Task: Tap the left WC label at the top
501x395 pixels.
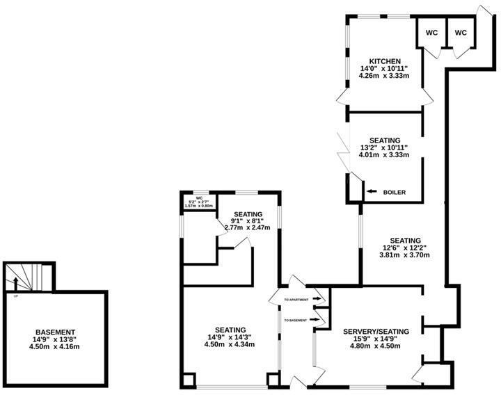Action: (x=431, y=32)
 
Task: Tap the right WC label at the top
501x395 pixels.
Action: (x=461, y=32)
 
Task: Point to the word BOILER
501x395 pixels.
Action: (x=394, y=192)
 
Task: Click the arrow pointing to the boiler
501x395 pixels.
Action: (x=370, y=192)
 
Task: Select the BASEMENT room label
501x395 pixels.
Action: (x=56, y=332)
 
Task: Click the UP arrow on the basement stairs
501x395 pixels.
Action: (x=15, y=283)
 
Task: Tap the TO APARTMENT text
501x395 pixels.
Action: (x=296, y=300)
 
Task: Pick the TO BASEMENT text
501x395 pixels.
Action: (x=296, y=320)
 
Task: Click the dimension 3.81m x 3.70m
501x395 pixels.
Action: (x=405, y=255)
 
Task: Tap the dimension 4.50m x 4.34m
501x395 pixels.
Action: (x=230, y=346)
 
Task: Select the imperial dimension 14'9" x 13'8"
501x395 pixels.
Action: (x=56, y=339)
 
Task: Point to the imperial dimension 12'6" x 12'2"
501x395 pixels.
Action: (x=405, y=247)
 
